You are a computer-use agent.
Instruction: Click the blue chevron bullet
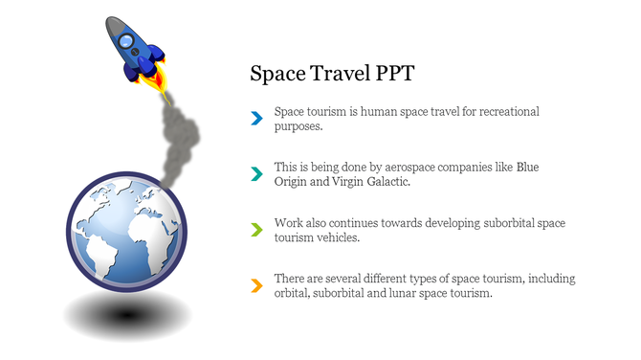(255, 118)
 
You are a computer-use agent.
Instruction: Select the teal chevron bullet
(255, 173)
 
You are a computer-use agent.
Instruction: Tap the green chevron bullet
(255, 229)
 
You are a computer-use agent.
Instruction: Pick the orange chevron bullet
(255, 285)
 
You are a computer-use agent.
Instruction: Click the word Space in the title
(277, 74)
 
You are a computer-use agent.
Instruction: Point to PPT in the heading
(391, 74)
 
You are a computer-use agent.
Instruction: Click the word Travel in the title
(337, 74)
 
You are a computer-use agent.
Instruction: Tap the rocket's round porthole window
(129, 42)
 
